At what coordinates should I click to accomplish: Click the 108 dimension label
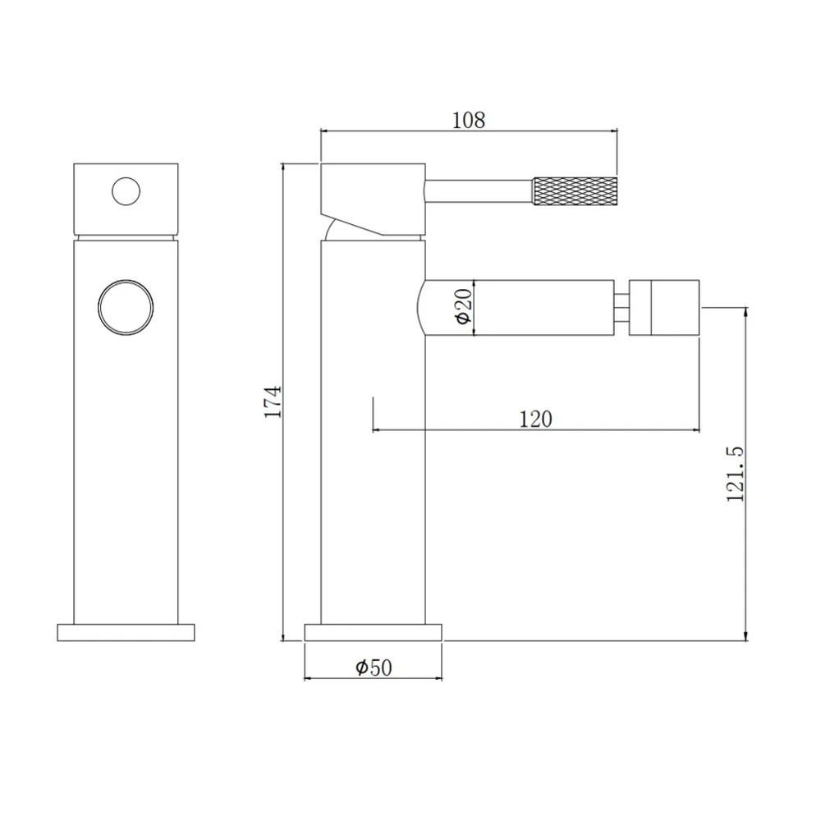(469, 120)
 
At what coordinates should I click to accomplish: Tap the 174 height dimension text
(273, 401)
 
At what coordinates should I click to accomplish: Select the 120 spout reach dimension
(535, 419)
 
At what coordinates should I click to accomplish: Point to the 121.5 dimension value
(735, 474)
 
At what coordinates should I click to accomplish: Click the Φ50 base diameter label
(374, 667)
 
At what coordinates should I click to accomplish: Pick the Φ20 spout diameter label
(464, 307)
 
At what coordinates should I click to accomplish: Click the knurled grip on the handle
(575, 191)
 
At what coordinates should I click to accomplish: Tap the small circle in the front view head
(126, 191)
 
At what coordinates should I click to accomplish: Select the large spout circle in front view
(126, 307)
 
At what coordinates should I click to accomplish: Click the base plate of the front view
(126, 632)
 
